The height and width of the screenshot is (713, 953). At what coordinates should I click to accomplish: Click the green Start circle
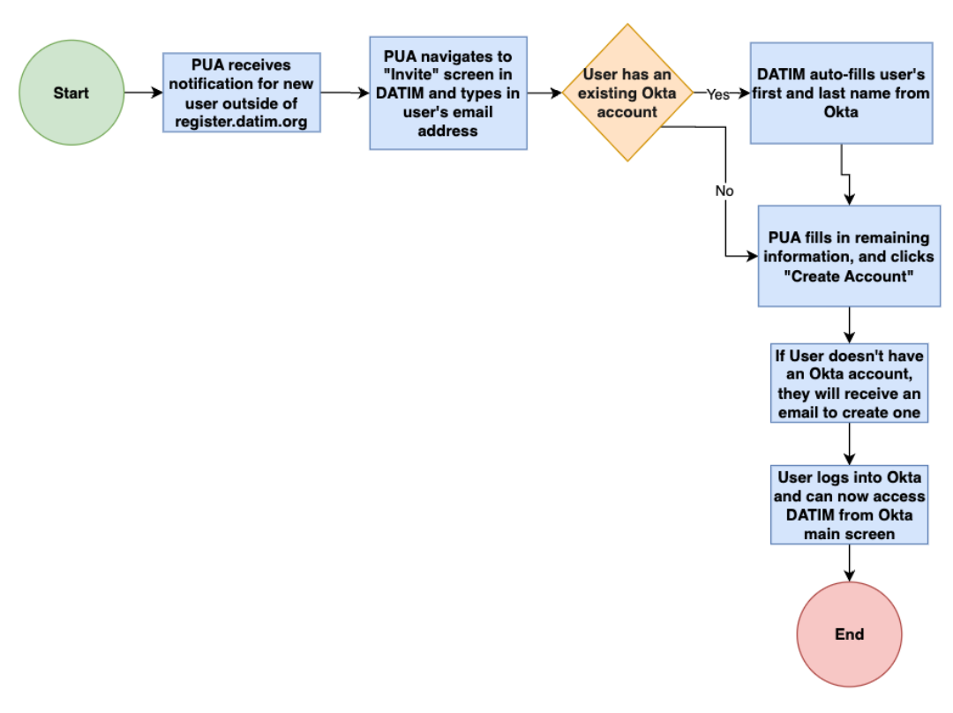[x=71, y=93]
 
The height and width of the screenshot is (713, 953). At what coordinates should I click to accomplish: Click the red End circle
[x=849, y=634]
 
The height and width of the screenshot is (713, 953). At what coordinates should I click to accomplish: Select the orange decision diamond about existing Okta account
[x=627, y=93]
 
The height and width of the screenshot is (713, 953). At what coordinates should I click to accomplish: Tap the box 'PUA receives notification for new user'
[x=241, y=93]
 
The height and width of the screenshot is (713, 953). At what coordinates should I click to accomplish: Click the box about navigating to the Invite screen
[x=448, y=93]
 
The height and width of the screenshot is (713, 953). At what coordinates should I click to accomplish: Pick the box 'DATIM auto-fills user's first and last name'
[x=841, y=93]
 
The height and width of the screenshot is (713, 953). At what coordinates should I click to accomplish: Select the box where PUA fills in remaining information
[x=848, y=256]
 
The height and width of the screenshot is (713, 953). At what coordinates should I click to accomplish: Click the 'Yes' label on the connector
[x=717, y=94]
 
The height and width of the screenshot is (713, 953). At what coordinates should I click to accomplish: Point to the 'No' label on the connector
[x=724, y=190]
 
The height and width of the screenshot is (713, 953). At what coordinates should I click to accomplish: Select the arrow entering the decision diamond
[x=544, y=92]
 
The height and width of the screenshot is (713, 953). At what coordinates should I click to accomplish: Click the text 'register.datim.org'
[x=241, y=123]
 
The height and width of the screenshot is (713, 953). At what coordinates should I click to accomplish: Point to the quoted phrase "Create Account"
[x=848, y=276]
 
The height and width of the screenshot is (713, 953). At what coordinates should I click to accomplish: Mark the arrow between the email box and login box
[x=849, y=443]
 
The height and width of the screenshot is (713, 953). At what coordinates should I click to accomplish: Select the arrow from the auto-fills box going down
[x=847, y=176]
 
